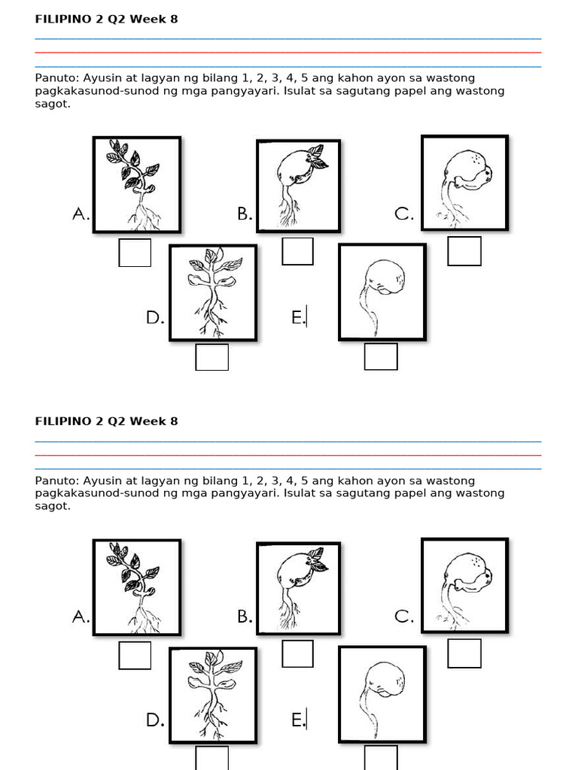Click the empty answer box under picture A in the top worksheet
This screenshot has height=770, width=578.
coord(135,252)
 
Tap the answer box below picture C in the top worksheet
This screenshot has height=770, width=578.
coord(464,251)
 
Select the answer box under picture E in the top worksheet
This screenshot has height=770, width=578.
coord(381,356)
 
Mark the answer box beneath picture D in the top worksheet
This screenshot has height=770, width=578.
coord(211,356)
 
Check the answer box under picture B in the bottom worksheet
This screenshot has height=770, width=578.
coord(297,653)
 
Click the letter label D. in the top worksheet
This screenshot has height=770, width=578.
coord(155,318)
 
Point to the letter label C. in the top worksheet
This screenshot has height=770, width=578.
coord(404,214)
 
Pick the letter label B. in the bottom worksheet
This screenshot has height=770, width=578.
coord(245,617)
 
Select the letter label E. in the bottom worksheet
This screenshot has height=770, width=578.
coord(299,720)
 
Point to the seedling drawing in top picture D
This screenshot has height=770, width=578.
coord(213,292)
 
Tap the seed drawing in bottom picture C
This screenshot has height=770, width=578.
coord(464,585)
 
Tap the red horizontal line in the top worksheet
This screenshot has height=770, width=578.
coord(288,53)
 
